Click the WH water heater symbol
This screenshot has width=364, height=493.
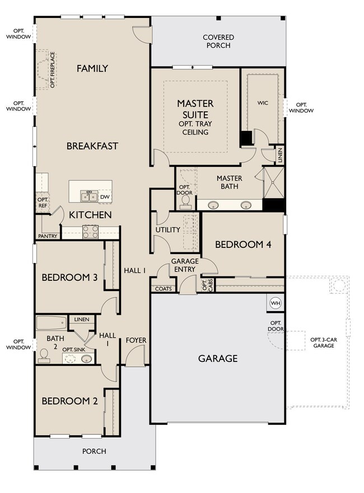tap(276, 303)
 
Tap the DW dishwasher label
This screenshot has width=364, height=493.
tap(105, 197)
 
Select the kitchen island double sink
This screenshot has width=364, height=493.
tap(88, 196)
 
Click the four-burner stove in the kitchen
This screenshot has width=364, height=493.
tap(91, 232)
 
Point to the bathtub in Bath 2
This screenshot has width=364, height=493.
tap(52, 322)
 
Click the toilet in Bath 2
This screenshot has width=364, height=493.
tap(43, 355)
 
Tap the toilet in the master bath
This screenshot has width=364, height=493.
tap(185, 202)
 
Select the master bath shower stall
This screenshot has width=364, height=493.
tap(273, 182)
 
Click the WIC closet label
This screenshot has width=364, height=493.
tap(263, 103)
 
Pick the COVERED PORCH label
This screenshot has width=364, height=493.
tap(218, 41)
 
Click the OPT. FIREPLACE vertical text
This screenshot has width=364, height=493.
tap(53, 70)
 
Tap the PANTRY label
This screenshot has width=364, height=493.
tap(48, 236)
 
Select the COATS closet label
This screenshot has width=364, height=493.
tap(164, 289)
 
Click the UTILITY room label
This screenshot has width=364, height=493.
tap(167, 230)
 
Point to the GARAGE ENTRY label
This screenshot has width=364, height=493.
tap(185, 265)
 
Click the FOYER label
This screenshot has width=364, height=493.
tap(136, 340)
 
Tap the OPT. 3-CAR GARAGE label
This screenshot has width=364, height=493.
tap(324, 342)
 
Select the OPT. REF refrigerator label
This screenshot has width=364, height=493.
tap(43, 203)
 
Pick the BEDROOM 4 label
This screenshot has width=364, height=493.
tap(243, 245)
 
